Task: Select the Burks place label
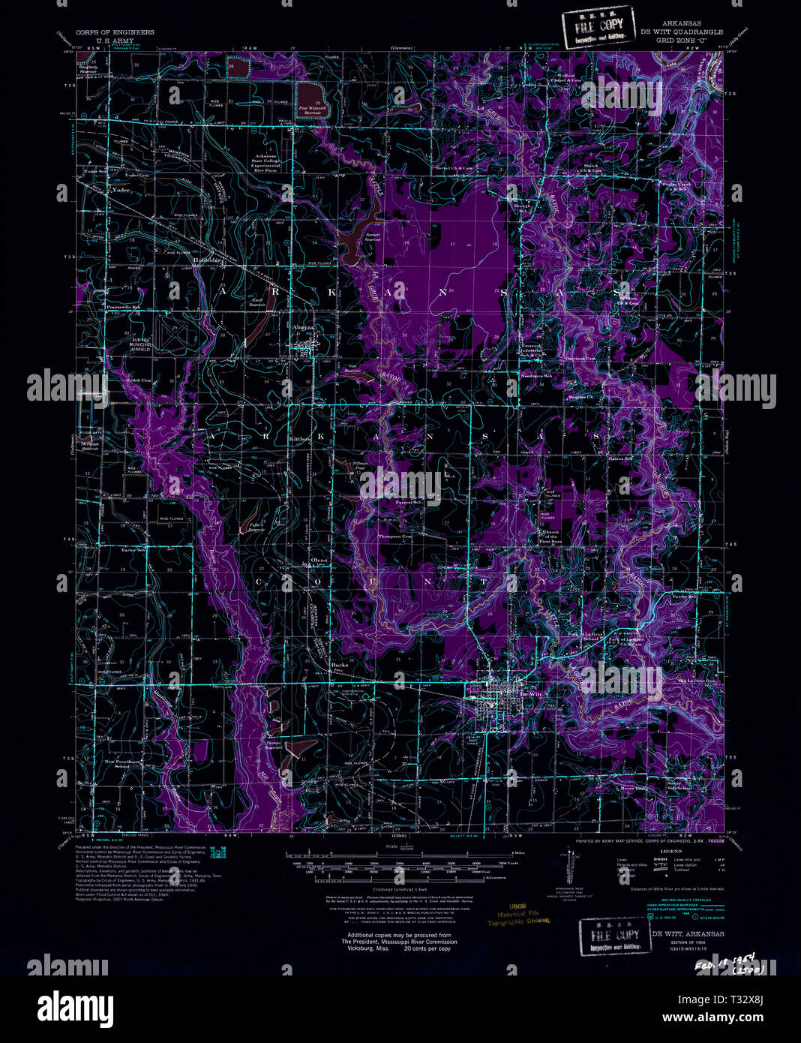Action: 340,665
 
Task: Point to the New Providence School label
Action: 122,764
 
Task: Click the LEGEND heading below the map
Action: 670,851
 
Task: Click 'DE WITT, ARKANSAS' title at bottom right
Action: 688,933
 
